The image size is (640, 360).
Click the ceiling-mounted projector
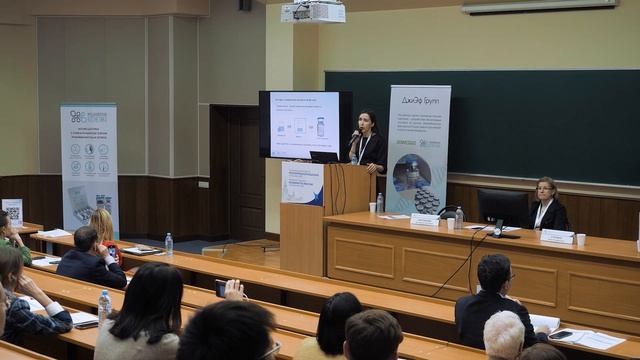312,12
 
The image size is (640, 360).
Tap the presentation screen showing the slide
304,124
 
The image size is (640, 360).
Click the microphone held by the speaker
354,136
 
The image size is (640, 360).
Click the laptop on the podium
324,157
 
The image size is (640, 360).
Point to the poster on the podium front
302,184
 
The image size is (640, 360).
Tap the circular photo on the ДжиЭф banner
412,171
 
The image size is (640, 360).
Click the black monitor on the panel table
502,207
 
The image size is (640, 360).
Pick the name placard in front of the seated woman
556,236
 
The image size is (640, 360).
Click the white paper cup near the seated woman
581,239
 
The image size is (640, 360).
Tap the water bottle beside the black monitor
459,217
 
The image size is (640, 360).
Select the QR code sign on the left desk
12,212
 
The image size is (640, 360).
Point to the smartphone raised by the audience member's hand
221,288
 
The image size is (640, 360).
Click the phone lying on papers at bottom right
562,335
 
